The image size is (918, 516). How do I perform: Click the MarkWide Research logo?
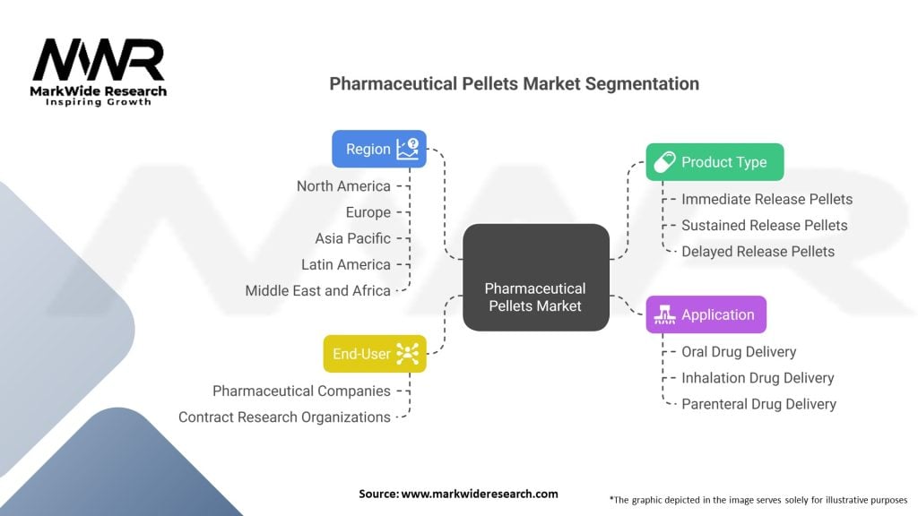99,72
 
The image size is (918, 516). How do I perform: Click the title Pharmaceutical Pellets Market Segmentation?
514,83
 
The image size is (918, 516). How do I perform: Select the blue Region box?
378,149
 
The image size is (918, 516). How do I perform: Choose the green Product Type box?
714,162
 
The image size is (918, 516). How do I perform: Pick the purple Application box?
706,314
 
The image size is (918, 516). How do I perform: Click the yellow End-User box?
374,354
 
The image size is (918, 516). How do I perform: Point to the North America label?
343,186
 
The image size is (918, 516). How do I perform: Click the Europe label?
368,212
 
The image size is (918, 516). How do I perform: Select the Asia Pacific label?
352,238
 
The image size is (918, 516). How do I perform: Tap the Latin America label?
346,264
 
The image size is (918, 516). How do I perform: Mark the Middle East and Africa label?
317,290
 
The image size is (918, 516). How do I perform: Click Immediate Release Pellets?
766,199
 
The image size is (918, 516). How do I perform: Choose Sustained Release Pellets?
764,225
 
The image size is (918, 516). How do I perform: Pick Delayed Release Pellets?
758,251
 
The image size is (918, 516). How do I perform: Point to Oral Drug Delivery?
739,352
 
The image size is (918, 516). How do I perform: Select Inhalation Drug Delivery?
758,378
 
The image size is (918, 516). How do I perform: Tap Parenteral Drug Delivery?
758,404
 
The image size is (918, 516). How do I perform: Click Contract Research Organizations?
284,417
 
